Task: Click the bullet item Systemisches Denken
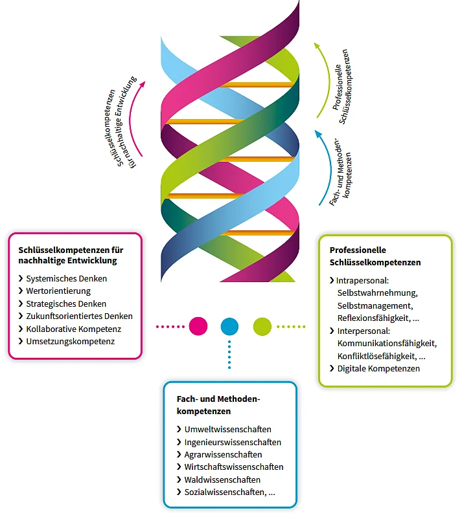click(66, 278)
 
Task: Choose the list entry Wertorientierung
click(58, 291)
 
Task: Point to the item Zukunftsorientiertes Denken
click(79, 316)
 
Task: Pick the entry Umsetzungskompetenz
click(70, 341)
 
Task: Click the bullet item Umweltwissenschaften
click(227, 429)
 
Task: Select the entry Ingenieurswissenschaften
click(233, 442)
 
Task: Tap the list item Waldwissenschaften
click(222, 479)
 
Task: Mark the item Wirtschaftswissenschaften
click(233, 467)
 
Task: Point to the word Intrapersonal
click(362, 281)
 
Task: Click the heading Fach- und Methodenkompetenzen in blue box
click(218, 405)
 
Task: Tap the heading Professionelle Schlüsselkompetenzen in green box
click(375, 256)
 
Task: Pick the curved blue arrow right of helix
click(321, 168)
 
